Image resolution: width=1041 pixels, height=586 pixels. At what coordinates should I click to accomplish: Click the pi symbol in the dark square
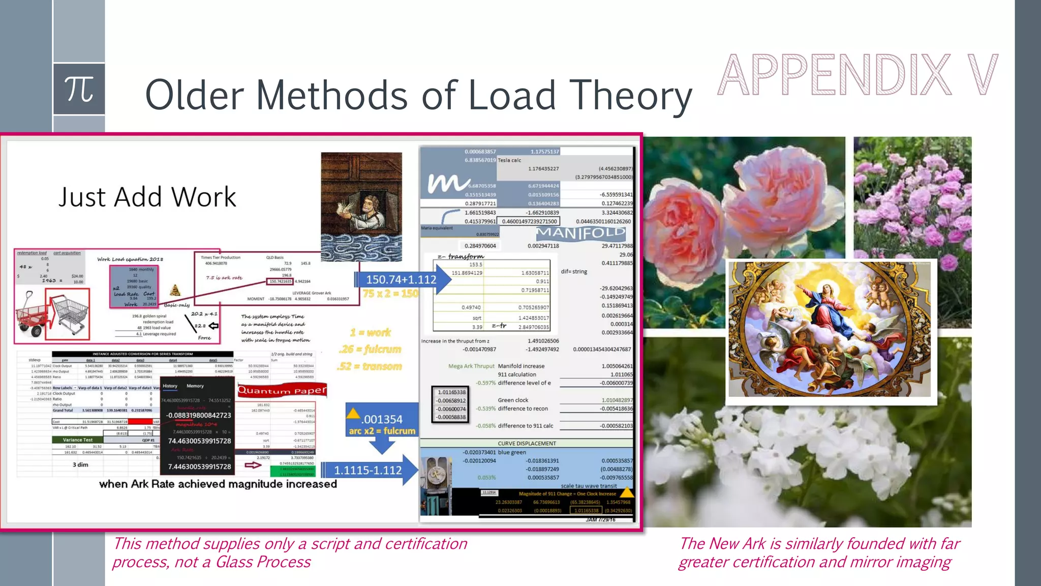click(x=79, y=89)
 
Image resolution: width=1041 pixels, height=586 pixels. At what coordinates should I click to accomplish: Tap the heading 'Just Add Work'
click(x=147, y=197)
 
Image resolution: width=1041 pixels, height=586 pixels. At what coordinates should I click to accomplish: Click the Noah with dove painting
click(x=361, y=206)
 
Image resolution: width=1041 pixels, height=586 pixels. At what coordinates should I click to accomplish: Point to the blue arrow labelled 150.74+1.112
click(x=402, y=279)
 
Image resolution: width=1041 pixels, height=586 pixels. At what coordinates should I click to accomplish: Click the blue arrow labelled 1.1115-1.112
click(x=369, y=470)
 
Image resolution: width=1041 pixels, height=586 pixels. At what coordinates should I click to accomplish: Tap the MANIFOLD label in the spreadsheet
click(x=581, y=233)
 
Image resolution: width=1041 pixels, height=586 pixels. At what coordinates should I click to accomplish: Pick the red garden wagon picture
click(x=30, y=313)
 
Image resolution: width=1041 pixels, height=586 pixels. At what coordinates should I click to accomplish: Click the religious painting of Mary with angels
click(x=830, y=330)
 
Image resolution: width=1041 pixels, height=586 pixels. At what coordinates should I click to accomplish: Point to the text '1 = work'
click(x=370, y=333)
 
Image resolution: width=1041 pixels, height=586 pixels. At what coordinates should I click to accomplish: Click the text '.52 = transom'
click(x=369, y=366)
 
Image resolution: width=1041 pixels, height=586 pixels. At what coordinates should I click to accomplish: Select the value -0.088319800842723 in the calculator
click(x=199, y=415)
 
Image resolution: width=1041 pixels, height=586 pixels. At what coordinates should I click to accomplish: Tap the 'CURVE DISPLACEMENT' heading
click(x=527, y=443)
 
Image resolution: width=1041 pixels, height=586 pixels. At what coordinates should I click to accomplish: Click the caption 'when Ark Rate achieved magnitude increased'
click(x=218, y=484)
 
